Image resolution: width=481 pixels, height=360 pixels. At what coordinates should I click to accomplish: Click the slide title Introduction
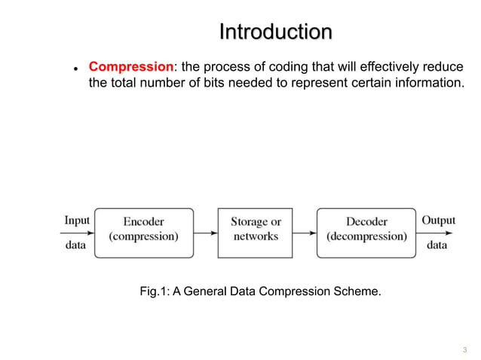pos(275,32)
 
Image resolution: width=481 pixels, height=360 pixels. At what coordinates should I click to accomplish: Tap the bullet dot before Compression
pos(75,68)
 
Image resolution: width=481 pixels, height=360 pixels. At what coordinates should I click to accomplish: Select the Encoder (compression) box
pos(143,233)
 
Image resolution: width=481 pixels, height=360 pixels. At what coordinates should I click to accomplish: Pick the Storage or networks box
pos(256,233)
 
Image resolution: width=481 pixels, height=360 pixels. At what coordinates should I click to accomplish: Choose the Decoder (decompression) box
pos(366,233)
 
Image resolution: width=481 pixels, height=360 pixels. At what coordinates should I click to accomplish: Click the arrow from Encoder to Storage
pos(205,233)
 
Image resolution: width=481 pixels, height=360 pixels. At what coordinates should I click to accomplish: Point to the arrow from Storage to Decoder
pos(305,233)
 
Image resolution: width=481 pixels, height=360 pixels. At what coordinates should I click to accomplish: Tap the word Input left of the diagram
pos(77,221)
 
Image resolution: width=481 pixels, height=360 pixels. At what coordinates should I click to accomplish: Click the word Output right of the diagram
pos(438,221)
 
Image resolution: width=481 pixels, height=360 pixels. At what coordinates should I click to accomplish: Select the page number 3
pos(464,349)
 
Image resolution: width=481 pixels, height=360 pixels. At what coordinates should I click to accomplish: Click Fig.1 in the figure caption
pos(155,290)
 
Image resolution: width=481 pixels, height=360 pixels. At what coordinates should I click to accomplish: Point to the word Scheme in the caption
pos(358,290)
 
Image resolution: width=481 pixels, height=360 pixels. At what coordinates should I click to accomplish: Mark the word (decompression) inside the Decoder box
pos(366,236)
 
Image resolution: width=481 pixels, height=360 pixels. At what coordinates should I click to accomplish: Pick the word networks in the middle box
pos(256,236)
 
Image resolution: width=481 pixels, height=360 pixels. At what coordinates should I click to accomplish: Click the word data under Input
pos(75,245)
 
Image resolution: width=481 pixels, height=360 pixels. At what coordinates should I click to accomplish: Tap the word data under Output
pos(437,245)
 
